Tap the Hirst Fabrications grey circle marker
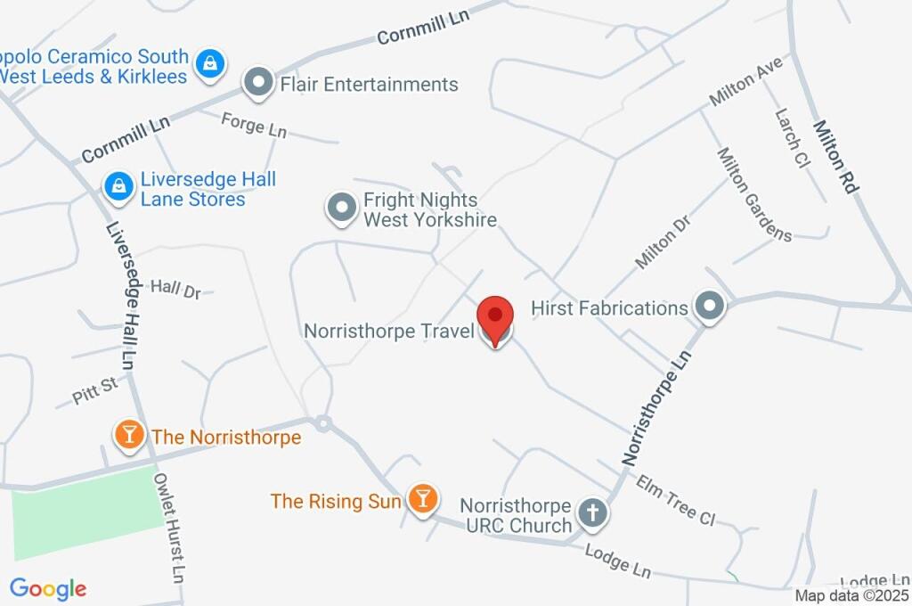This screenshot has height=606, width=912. (710, 307)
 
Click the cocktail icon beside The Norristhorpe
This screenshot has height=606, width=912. (130, 435)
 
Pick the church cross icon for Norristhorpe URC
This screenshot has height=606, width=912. (591, 513)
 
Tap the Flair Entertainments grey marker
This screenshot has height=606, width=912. (258, 84)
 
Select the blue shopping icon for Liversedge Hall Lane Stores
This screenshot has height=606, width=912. (118, 187)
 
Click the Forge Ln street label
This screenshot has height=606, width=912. (254, 125)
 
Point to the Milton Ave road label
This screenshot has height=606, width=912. (745, 81)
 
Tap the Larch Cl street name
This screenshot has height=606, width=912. (790, 140)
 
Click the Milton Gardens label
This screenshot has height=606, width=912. (754, 193)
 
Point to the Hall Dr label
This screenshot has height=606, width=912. (175, 288)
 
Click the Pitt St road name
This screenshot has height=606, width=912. (95, 390)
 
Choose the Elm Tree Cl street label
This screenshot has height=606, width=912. (676, 500)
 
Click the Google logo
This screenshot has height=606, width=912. (48, 588)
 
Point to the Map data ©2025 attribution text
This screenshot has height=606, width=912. (852, 596)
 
